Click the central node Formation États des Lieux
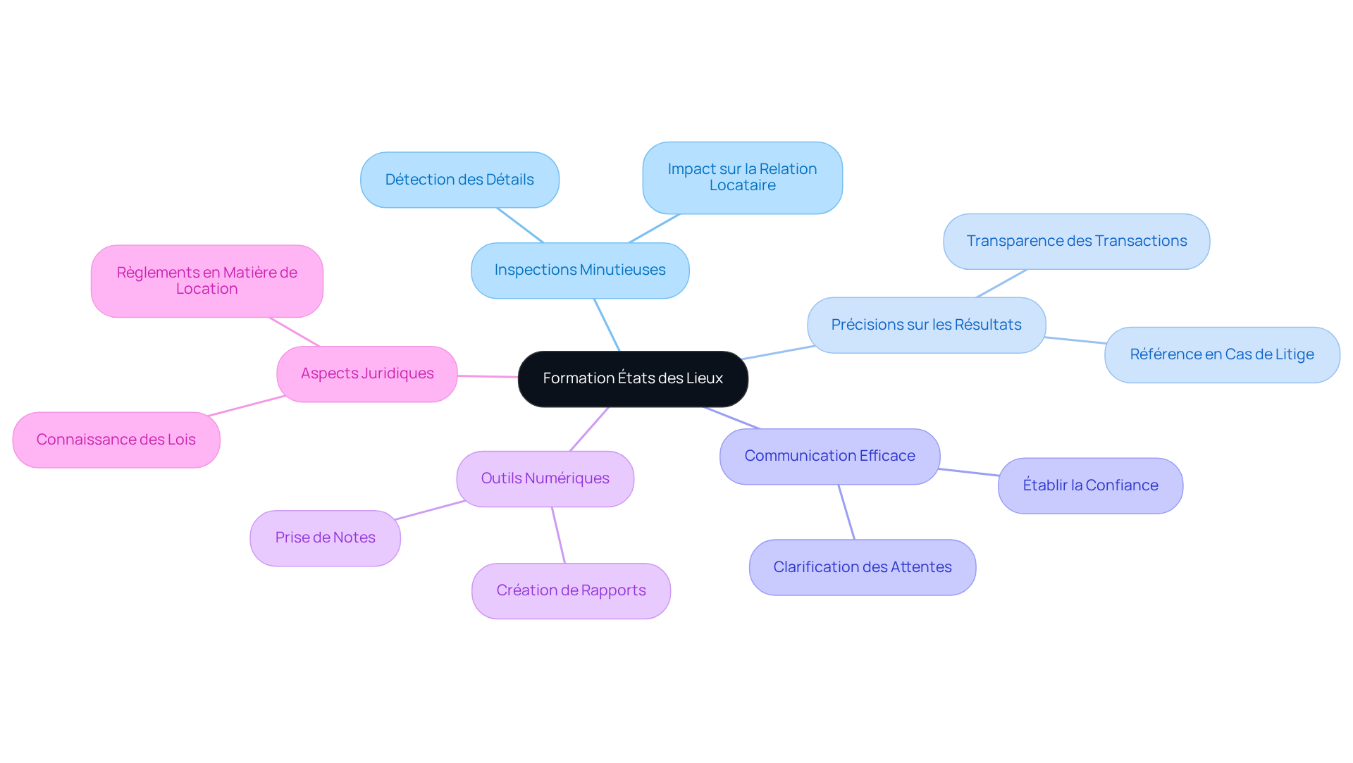(x=633, y=378)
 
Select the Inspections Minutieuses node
(x=580, y=270)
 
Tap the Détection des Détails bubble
(x=459, y=180)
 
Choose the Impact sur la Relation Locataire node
(x=742, y=178)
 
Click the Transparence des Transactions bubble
(x=1076, y=241)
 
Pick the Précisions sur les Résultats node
(x=926, y=325)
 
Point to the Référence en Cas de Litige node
(x=1221, y=354)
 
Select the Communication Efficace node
(x=829, y=456)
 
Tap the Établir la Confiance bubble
(x=1090, y=485)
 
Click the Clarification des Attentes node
(x=862, y=567)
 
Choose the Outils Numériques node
(x=545, y=478)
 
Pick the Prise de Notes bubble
(x=325, y=538)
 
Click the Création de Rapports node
(x=571, y=590)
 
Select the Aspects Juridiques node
(x=367, y=373)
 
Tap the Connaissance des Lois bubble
(x=116, y=440)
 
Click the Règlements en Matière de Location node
(x=206, y=280)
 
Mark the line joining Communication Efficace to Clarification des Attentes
(x=846, y=512)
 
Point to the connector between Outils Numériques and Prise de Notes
(x=430, y=510)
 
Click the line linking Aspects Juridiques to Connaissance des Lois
(x=247, y=406)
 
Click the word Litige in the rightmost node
(x=1294, y=354)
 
